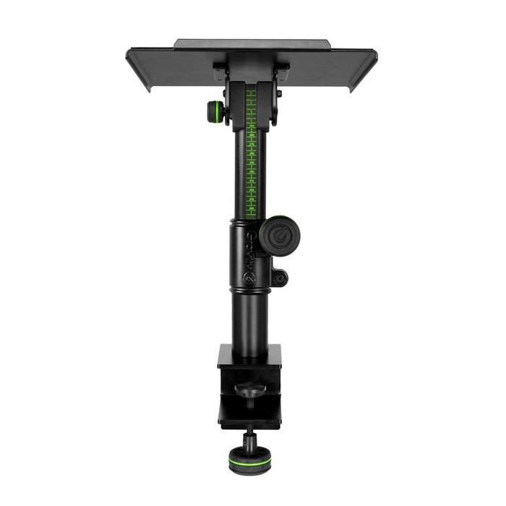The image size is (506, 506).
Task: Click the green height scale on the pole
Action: pyautogui.click(x=251, y=152)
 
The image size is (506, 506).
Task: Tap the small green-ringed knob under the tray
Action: pyautogui.click(x=215, y=111)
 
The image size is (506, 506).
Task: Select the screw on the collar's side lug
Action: pyautogui.click(x=280, y=277)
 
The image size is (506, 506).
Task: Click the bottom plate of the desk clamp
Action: pyautogui.click(x=249, y=417)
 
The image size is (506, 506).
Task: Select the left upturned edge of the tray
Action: pyautogui.click(x=140, y=69)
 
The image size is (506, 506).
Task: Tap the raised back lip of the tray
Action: pyautogui.click(x=251, y=43)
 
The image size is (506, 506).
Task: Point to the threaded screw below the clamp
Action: pyautogui.click(x=249, y=437)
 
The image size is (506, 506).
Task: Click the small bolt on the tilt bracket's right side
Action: pyautogui.click(x=278, y=95)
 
